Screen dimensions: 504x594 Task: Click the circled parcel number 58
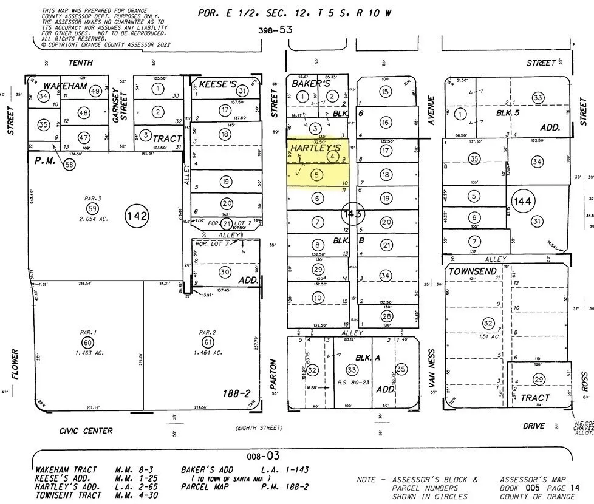70,165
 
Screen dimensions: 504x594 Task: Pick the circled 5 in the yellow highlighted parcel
316,175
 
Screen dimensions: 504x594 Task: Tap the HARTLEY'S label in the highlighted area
311,148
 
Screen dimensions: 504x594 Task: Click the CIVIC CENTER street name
86,431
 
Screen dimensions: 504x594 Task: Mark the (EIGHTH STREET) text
259,428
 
